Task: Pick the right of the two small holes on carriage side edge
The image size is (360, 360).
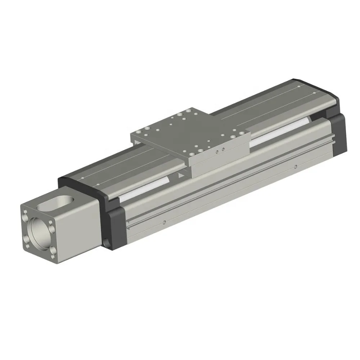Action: coord(223,149)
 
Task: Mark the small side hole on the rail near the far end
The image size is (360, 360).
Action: coord(295,167)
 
